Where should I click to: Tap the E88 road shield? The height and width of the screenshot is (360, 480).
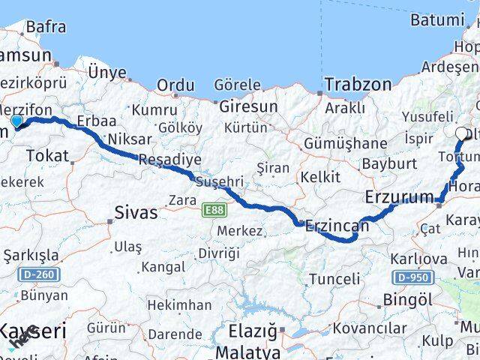tap(211, 212)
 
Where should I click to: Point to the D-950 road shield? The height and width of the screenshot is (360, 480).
tap(413, 277)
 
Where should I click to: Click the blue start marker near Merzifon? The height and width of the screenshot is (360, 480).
tap(16, 121)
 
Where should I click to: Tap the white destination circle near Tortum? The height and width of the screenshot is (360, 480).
tap(461, 134)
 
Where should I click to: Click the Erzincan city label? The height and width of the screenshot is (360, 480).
tap(337, 225)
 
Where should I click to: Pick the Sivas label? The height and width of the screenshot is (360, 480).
tap(136, 212)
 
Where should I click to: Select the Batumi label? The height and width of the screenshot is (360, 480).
tap(438, 20)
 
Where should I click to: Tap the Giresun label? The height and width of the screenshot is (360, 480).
tap(247, 106)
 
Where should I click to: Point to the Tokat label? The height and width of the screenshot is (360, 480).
tap(46, 156)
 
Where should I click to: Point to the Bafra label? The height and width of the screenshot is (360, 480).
tap(45, 27)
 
